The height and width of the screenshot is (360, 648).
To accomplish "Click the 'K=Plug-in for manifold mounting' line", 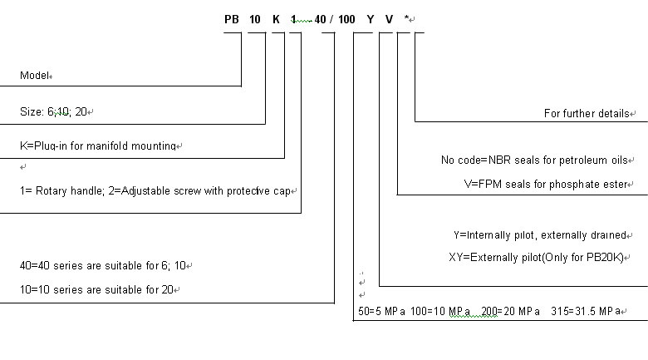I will click(98, 145).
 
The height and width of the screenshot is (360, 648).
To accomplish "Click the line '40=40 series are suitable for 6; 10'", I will click(103, 265).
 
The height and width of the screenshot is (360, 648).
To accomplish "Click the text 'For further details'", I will click(587, 113).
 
